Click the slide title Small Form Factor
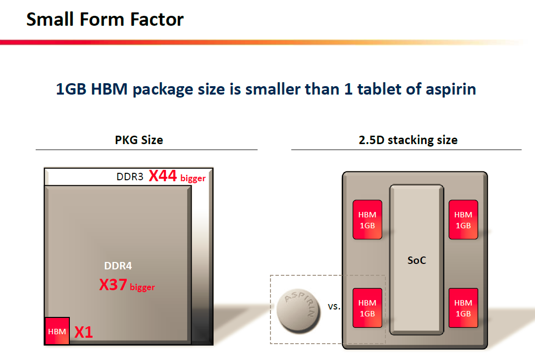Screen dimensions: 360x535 point(105,20)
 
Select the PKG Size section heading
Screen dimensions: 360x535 point(139,140)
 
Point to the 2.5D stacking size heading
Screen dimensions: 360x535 point(408,140)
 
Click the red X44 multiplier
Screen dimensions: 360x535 point(163,176)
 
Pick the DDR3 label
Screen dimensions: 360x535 point(130,177)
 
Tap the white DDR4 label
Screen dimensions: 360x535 point(118,266)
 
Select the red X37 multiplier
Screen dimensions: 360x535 point(113,285)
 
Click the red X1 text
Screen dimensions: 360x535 point(84,332)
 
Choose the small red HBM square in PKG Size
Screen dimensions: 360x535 point(57,331)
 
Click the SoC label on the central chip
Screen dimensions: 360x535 point(416,260)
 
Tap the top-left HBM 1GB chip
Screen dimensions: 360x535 point(367,220)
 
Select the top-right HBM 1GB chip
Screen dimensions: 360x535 point(463,220)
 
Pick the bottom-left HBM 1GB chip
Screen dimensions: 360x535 point(367,308)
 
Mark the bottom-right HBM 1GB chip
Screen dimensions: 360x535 point(463,308)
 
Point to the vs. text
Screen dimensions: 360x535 point(334,307)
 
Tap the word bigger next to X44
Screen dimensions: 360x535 point(193,178)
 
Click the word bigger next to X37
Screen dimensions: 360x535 point(143,287)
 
